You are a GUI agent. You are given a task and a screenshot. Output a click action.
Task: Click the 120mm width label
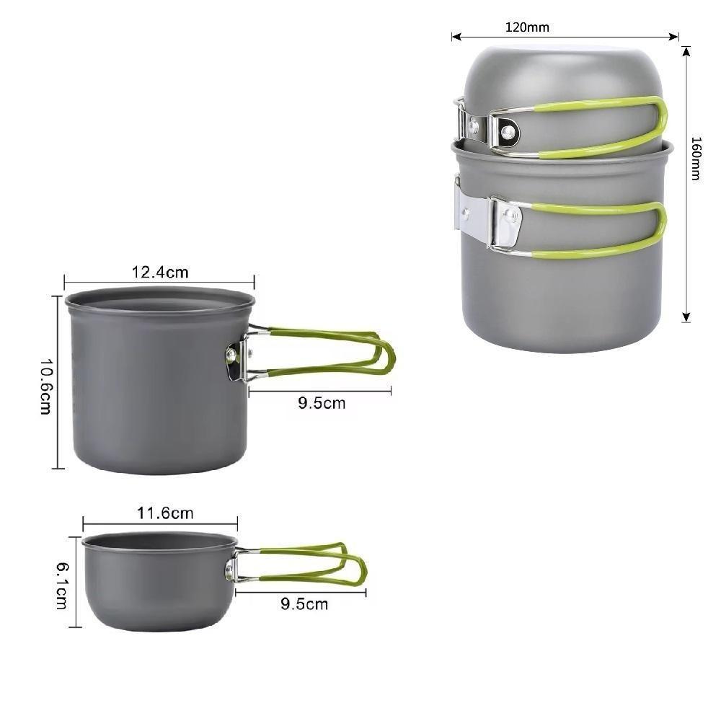tap(527, 27)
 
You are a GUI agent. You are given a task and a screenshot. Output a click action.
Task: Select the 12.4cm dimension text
tap(159, 272)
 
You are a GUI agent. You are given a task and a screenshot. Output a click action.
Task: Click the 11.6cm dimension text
tap(165, 513)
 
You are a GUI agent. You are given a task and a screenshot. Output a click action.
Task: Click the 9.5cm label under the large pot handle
tap(322, 403)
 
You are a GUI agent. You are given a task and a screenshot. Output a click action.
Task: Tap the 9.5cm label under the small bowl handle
tap(304, 603)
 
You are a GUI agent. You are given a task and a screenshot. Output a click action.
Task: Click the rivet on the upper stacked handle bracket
tap(508, 131)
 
